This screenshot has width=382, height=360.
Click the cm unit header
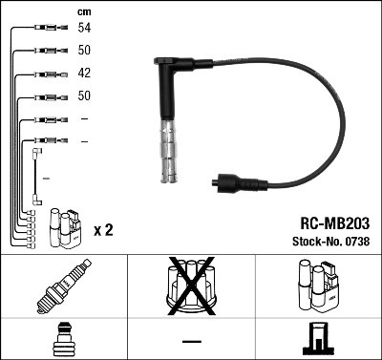click(x=83, y=11)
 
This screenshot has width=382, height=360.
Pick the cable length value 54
click(x=84, y=30)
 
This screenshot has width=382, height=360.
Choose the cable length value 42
click(x=84, y=74)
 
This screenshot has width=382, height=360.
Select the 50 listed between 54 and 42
click(x=84, y=52)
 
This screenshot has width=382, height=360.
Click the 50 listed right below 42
click(x=84, y=96)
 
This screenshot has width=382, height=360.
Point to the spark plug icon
click(x=64, y=287)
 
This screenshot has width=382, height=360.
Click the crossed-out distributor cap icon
click(x=191, y=287)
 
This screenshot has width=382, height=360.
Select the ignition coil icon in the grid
click(x=317, y=287)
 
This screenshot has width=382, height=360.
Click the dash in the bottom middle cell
click(x=191, y=341)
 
